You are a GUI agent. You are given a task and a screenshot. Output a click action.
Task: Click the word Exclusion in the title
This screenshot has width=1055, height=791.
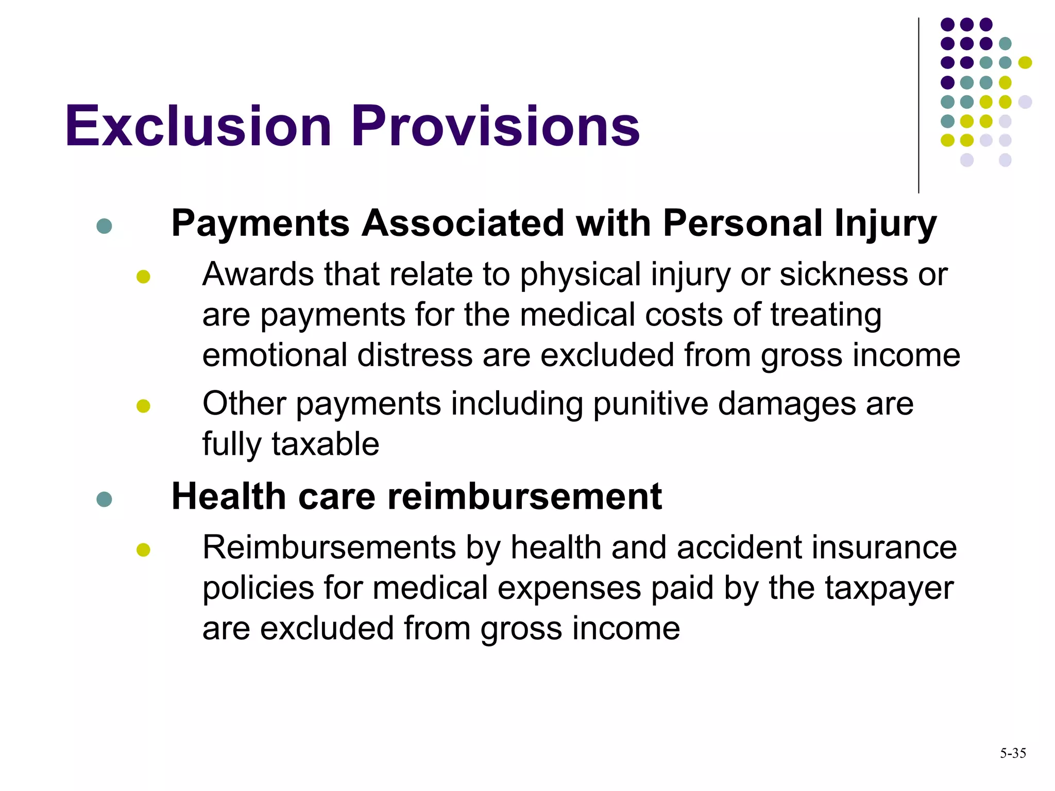(x=198, y=126)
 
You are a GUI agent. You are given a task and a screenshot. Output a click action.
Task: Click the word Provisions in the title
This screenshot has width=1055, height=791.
(x=496, y=126)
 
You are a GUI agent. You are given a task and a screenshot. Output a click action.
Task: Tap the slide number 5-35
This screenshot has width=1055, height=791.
(x=1013, y=753)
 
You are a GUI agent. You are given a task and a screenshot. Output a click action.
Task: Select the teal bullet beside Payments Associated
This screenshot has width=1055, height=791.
(x=104, y=226)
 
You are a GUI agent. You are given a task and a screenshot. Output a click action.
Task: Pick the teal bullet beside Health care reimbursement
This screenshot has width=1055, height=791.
(x=104, y=498)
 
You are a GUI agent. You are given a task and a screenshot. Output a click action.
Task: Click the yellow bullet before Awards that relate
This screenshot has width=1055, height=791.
(x=143, y=277)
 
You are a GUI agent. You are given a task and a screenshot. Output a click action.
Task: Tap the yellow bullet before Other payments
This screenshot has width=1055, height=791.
(x=143, y=406)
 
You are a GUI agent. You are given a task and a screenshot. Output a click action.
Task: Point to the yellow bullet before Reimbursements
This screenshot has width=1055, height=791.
(x=143, y=549)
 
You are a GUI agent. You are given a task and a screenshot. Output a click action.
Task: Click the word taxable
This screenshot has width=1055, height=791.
(x=325, y=444)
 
